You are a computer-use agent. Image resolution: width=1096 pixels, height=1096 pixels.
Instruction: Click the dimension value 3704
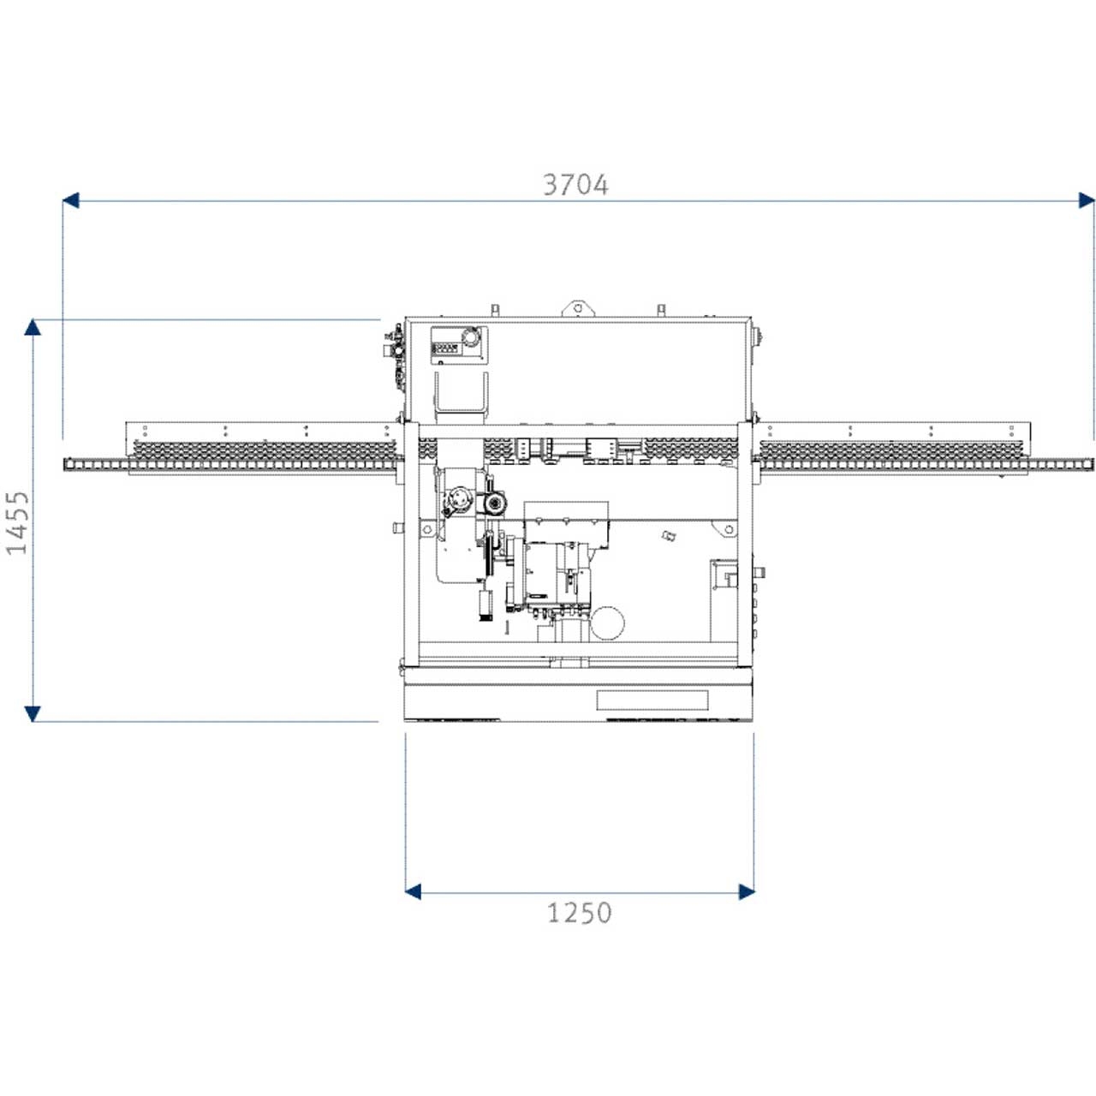(575, 185)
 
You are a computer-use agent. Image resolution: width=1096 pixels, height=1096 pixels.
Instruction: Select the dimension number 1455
(17, 522)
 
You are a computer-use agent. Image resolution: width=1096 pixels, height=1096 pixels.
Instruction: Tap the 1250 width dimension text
(579, 913)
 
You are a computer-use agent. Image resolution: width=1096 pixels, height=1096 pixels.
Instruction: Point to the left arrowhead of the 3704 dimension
(70, 200)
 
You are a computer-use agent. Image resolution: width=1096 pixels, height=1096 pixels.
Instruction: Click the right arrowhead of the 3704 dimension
(1087, 200)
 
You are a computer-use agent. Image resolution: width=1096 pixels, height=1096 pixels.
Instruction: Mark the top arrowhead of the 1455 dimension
(33, 327)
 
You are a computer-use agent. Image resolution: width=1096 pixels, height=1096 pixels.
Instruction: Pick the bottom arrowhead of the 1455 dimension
(33, 714)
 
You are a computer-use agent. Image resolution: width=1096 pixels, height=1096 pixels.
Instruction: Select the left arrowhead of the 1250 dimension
(413, 892)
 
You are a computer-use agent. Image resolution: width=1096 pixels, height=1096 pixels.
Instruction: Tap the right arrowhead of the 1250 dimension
(746, 892)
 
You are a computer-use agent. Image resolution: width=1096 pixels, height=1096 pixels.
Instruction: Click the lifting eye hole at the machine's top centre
(577, 308)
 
